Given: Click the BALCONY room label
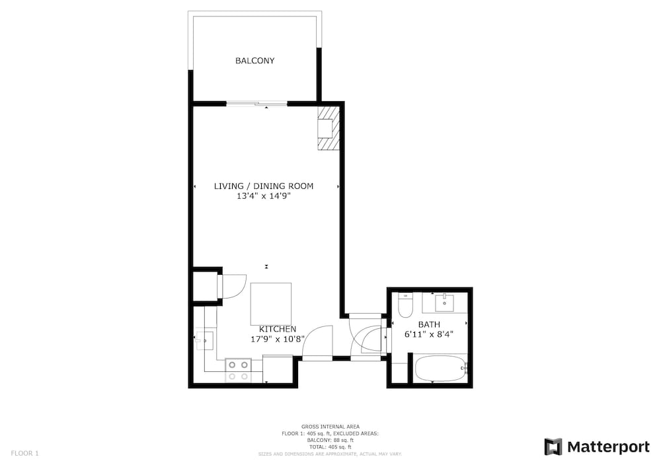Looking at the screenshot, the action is [x=254, y=61].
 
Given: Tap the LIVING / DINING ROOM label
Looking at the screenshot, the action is [x=264, y=186].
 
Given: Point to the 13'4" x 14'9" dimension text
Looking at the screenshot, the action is [x=264, y=196].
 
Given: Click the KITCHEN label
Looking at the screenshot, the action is [x=278, y=329].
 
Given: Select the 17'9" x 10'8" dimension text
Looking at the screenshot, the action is [x=278, y=339].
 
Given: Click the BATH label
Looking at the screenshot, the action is [x=429, y=324].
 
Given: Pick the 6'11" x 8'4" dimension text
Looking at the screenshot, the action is [x=429, y=334].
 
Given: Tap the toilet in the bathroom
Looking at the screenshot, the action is [x=406, y=305].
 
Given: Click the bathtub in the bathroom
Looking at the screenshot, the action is [x=440, y=369].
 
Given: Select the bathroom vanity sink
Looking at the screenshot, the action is [x=444, y=303].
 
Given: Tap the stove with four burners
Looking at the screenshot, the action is [x=238, y=371].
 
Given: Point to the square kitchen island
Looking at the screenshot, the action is [x=270, y=304].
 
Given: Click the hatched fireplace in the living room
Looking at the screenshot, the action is [x=328, y=128].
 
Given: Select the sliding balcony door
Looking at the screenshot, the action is [x=257, y=104].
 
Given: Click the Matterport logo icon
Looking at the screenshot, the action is [x=553, y=447].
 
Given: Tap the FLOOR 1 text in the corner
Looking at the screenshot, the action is [x=24, y=454].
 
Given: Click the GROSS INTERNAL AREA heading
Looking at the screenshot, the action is [x=330, y=427].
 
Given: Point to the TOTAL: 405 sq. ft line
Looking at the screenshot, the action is [x=330, y=447].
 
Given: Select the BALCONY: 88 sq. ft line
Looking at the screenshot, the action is [x=330, y=440].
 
